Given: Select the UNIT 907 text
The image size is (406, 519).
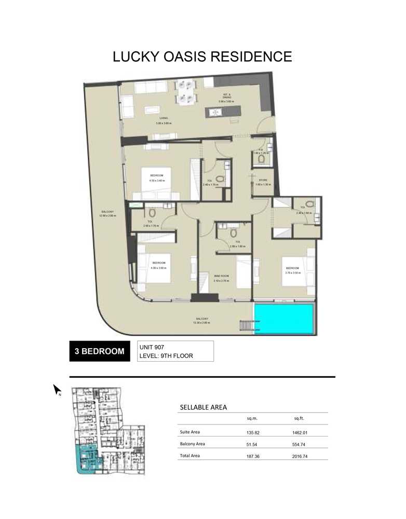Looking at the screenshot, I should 152,346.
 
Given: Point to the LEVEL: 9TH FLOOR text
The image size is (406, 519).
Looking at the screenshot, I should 165,356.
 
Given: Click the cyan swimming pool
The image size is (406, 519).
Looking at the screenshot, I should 284,319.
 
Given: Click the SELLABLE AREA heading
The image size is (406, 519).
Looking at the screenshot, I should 203,407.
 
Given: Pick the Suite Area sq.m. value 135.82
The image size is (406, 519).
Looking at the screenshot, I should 253,432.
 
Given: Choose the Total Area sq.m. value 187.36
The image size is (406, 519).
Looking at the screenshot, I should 253,456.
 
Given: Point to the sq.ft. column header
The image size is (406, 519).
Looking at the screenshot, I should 300,419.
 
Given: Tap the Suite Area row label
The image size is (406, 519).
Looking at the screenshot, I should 190,432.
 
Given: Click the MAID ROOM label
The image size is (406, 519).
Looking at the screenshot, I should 221,276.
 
